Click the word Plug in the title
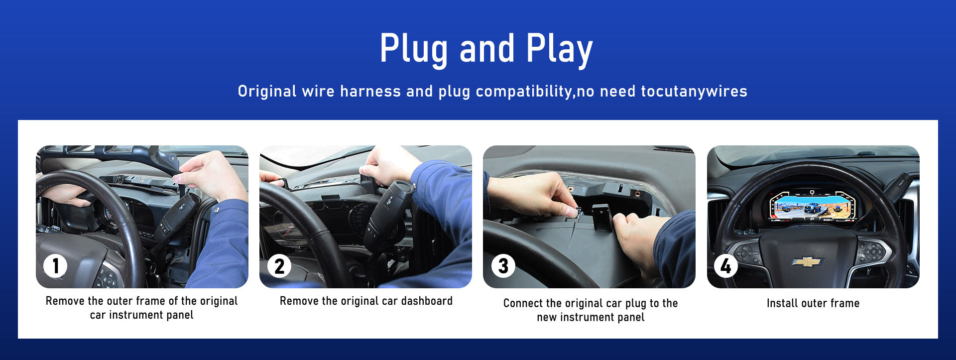point(413,49)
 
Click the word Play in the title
point(559,49)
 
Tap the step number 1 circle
point(55,266)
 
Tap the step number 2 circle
point(279,266)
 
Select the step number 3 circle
point(503,266)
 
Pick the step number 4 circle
point(726,266)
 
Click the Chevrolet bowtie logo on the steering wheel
point(807,261)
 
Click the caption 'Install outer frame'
point(813,303)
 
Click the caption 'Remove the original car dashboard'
point(366,301)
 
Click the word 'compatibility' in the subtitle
point(524,92)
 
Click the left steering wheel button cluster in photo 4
point(747,252)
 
